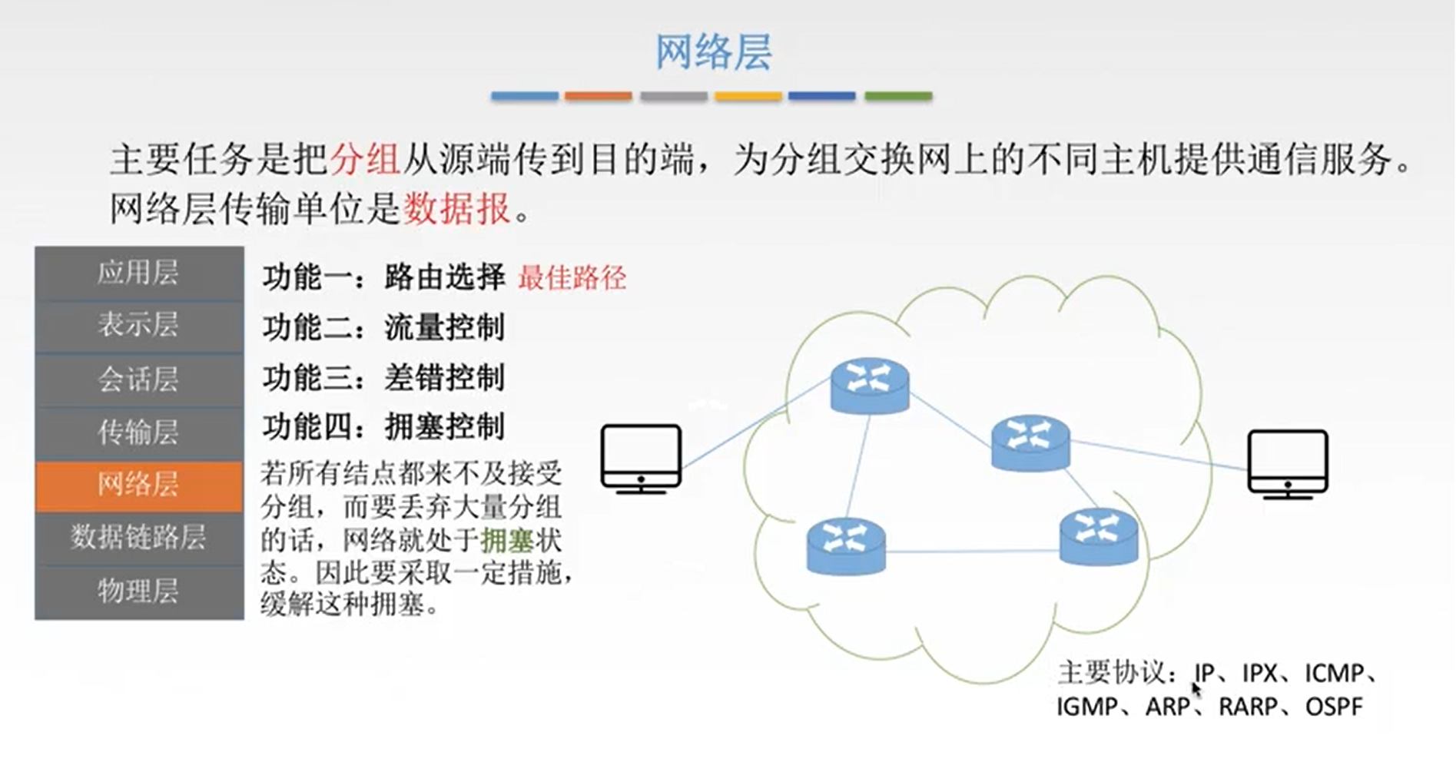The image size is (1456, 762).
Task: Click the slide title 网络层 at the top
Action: (x=713, y=52)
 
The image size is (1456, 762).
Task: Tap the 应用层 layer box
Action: (x=139, y=273)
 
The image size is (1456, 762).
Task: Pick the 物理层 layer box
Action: (x=139, y=591)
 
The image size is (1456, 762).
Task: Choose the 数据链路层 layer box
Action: (x=139, y=537)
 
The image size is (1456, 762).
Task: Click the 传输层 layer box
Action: (x=139, y=432)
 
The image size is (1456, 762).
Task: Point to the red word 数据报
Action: (x=457, y=208)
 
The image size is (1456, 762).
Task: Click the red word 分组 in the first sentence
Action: (x=365, y=159)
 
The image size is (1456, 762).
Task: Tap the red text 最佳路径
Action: (x=572, y=277)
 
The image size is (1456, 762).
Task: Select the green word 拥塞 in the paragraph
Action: (x=506, y=541)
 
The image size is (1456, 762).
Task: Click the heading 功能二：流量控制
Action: (x=383, y=328)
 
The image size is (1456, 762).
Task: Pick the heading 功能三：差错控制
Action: (x=383, y=378)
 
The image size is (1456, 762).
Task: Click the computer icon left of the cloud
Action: (x=641, y=459)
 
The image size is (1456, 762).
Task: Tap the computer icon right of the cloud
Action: (x=1287, y=463)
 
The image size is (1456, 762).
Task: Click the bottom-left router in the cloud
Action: (x=845, y=546)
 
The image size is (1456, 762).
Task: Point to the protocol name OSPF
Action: (x=1333, y=707)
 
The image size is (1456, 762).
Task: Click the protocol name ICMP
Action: (x=1334, y=674)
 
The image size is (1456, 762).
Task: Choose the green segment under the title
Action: (x=897, y=96)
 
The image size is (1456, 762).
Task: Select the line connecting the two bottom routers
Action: (x=972, y=551)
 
